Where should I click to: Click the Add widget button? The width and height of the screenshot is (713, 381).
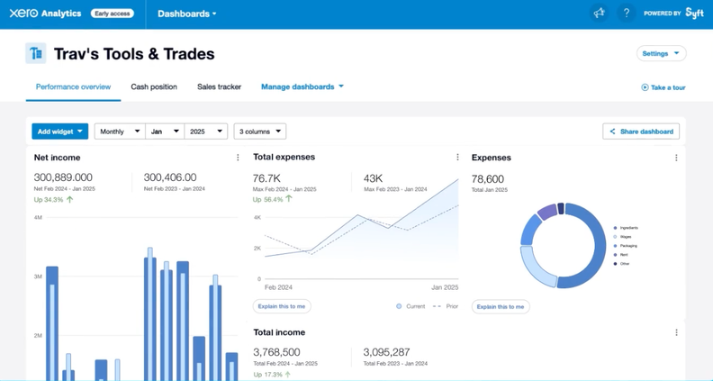59,132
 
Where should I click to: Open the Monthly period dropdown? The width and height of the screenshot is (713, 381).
119,132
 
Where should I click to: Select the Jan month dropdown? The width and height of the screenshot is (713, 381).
164,132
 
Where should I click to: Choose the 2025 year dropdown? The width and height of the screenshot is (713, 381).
205,132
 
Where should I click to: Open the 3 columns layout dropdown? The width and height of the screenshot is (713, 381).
259,132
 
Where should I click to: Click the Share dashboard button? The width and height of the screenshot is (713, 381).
641,132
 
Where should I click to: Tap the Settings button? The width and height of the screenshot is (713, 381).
661,54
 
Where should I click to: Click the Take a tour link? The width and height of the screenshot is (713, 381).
663,87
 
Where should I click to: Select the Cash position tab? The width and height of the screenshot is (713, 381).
154,87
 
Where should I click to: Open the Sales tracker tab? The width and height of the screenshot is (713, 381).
219,87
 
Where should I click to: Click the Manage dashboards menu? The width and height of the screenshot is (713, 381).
302,87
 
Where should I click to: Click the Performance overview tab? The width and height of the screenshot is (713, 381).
73,87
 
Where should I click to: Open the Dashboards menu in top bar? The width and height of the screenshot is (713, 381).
186,14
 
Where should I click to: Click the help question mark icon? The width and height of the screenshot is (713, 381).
627,14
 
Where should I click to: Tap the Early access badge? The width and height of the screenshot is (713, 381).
113,14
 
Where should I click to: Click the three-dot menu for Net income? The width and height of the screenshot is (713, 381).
238,158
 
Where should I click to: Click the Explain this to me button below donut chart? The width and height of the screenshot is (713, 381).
501,306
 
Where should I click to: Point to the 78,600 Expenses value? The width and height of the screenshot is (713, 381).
488,179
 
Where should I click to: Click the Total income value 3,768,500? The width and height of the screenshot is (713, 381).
277,352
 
